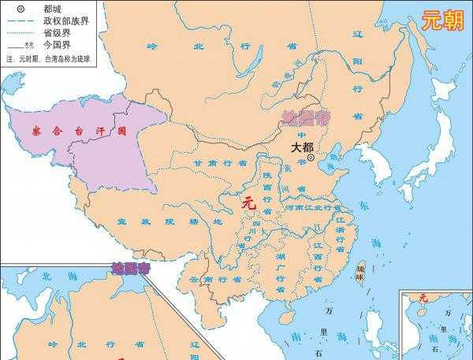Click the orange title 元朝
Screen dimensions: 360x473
[442, 20]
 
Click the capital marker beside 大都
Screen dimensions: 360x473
[311, 158]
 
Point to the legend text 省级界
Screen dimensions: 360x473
[58, 32]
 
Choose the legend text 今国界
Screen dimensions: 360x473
[58, 46]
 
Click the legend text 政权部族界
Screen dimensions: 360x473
[66, 20]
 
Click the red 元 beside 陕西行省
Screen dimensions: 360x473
[249, 203]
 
